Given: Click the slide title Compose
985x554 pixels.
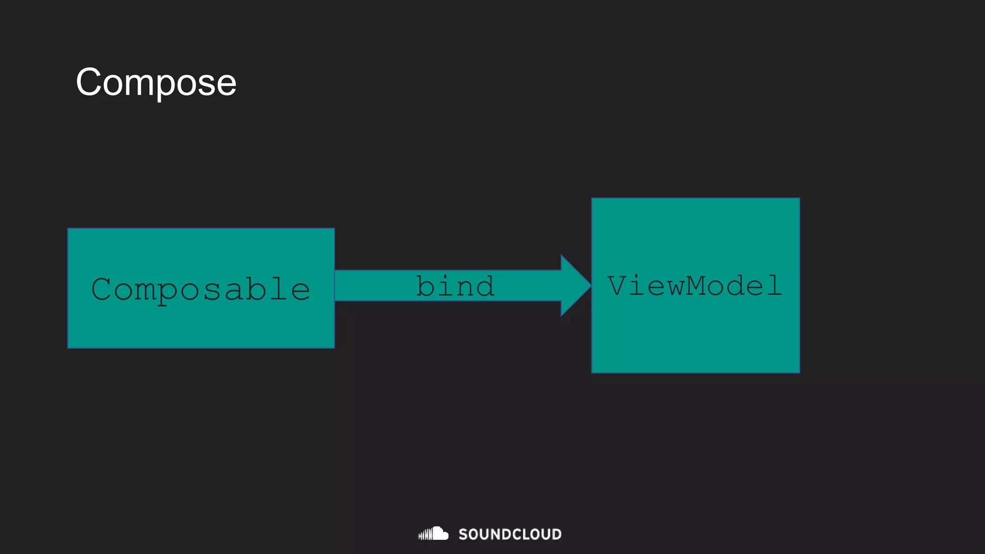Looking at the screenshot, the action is tap(156, 82).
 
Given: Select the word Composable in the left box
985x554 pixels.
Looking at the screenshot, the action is tap(201, 290).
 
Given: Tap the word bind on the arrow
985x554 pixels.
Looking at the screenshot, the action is tap(455, 287).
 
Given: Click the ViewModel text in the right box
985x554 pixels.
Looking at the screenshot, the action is tap(695, 286).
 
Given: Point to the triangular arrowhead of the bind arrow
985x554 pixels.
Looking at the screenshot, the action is tap(574, 286).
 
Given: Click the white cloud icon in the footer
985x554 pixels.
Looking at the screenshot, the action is tap(434, 533).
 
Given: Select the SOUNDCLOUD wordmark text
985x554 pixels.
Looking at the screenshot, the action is tap(510, 534).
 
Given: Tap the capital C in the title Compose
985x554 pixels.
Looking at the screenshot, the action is tap(91, 82).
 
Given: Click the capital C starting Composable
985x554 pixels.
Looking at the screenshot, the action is tap(102, 290).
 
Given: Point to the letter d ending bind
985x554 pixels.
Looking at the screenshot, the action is tap(483, 287).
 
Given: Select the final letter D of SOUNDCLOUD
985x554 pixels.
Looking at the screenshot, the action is tap(556, 534).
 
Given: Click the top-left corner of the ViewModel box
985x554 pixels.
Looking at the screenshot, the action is tap(592, 198).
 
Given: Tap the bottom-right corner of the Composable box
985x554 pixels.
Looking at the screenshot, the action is tap(334, 348).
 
